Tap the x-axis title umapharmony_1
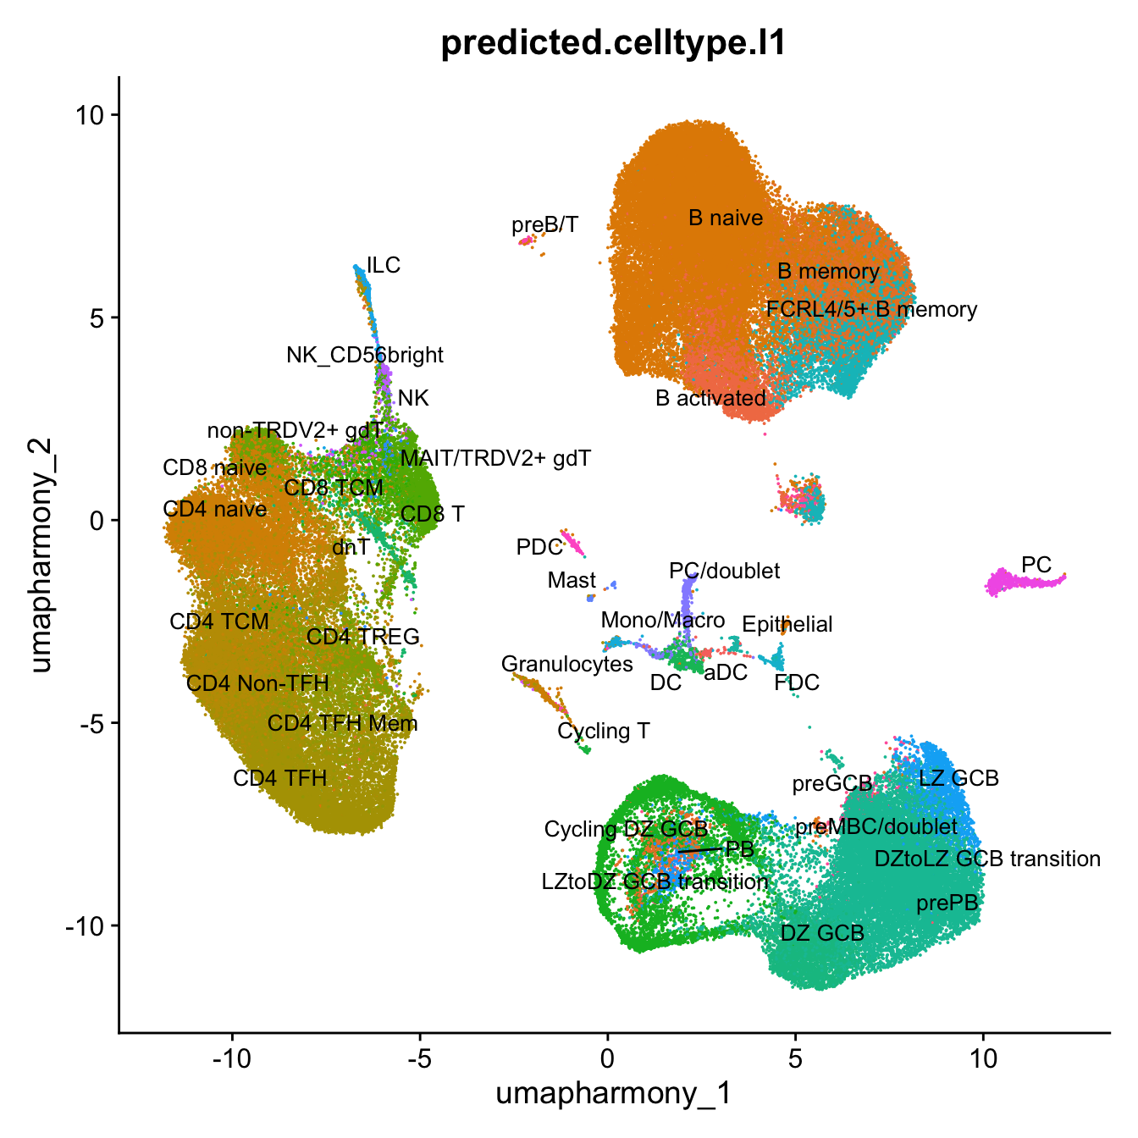click(613, 1093)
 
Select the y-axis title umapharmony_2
click(41, 555)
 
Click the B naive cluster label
click(726, 218)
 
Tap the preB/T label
click(545, 224)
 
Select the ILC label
click(384, 265)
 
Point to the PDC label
click(539, 547)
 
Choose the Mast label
click(572, 580)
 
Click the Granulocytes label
click(566, 664)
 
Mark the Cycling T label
click(603, 731)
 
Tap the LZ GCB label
click(958, 777)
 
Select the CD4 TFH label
click(279, 778)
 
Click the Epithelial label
click(787, 625)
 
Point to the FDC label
click(797, 682)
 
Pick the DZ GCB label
click(821, 933)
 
